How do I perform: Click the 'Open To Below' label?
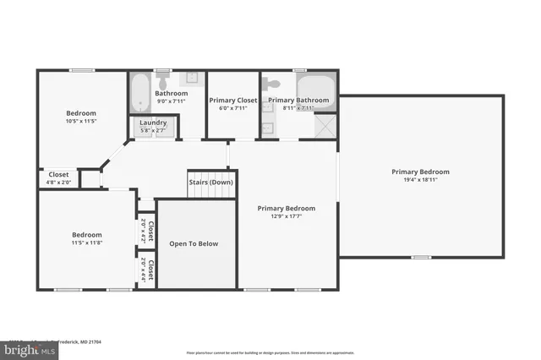pyautogui.click(x=194, y=243)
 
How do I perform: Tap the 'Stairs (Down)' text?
pyautogui.click(x=210, y=182)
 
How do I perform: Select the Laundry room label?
pyautogui.click(x=153, y=123)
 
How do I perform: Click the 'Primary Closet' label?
pyautogui.click(x=232, y=100)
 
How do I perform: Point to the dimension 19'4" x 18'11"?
pyautogui.click(x=420, y=179)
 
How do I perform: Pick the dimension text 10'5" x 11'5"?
pyautogui.click(x=81, y=121)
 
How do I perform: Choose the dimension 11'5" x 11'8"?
pyautogui.click(x=86, y=243)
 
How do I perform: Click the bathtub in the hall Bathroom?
pyautogui.click(x=139, y=92)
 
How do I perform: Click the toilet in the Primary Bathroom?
pyautogui.click(x=271, y=84)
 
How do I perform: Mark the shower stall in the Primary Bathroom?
pyautogui.click(x=323, y=127)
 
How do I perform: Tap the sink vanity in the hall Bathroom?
pyautogui.click(x=192, y=79)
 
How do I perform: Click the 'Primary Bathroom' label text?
pyautogui.click(x=298, y=100)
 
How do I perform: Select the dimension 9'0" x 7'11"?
pyautogui.click(x=176, y=101)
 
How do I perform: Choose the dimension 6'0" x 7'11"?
pyautogui.click(x=232, y=108)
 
